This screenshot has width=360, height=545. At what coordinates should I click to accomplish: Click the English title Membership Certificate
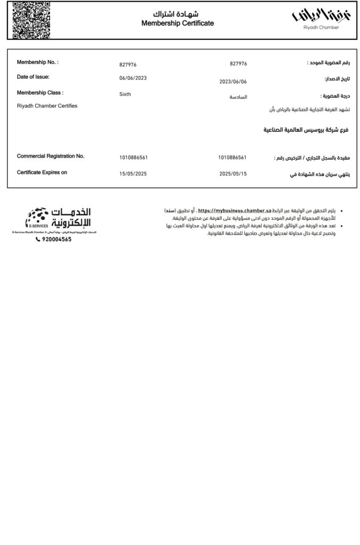[x=178, y=23]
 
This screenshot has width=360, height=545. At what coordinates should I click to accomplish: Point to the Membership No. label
[x=38, y=62]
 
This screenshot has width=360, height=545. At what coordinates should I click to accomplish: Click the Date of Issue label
[x=33, y=77]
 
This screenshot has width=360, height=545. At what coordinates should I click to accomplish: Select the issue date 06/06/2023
[x=133, y=78]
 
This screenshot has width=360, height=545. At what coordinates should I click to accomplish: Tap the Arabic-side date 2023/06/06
[x=233, y=82]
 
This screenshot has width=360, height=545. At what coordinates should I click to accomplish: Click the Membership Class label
[x=40, y=93]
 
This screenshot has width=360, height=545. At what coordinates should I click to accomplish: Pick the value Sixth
[x=125, y=94]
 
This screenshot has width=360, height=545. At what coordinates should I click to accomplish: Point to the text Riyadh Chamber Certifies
[x=47, y=106]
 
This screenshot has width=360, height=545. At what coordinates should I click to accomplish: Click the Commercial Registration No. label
[x=51, y=156]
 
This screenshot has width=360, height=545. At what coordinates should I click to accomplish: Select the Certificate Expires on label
[x=42, y=172]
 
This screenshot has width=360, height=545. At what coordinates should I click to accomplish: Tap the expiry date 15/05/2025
[x=133, y=174]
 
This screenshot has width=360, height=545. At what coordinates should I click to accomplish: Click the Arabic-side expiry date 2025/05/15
[x=233, y=174]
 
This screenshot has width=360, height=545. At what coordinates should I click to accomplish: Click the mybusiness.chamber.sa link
[x=231, y=211]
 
